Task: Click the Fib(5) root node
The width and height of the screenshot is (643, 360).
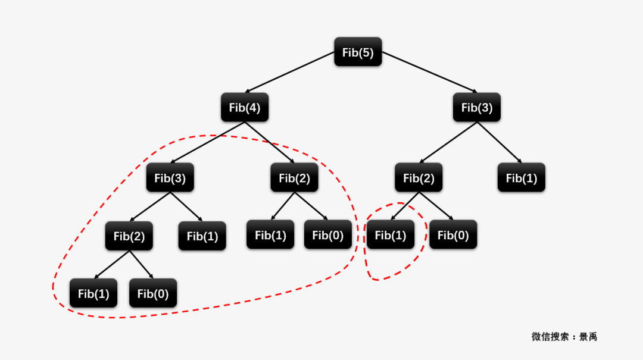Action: [x=358, y=52]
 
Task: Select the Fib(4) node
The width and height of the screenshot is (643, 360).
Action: [x=245, y=108]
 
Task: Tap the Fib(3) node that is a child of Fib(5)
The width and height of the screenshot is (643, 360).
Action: [x=477, y=108]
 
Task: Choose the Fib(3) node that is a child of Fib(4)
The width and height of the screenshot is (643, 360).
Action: [x=170, y=177]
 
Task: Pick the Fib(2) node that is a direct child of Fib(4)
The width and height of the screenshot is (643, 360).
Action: [x=294, y=177]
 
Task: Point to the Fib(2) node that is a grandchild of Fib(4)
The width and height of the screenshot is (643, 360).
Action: [x=129, y=236]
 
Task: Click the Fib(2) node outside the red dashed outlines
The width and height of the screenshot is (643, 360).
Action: [x=419, y=177]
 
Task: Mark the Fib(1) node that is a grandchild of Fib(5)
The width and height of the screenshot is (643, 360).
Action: [x=522, y=177]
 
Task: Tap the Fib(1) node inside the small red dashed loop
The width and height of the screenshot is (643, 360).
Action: [x=391, y=235]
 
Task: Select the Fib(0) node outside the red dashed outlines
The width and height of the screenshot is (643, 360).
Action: [x=453, y=235]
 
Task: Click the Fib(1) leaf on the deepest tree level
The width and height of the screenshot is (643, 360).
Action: [x=93, y=293]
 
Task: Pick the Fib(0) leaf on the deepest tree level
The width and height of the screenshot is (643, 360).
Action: [x=153, y=293]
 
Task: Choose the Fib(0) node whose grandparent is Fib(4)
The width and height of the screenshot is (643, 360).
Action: [x=328, y=235]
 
